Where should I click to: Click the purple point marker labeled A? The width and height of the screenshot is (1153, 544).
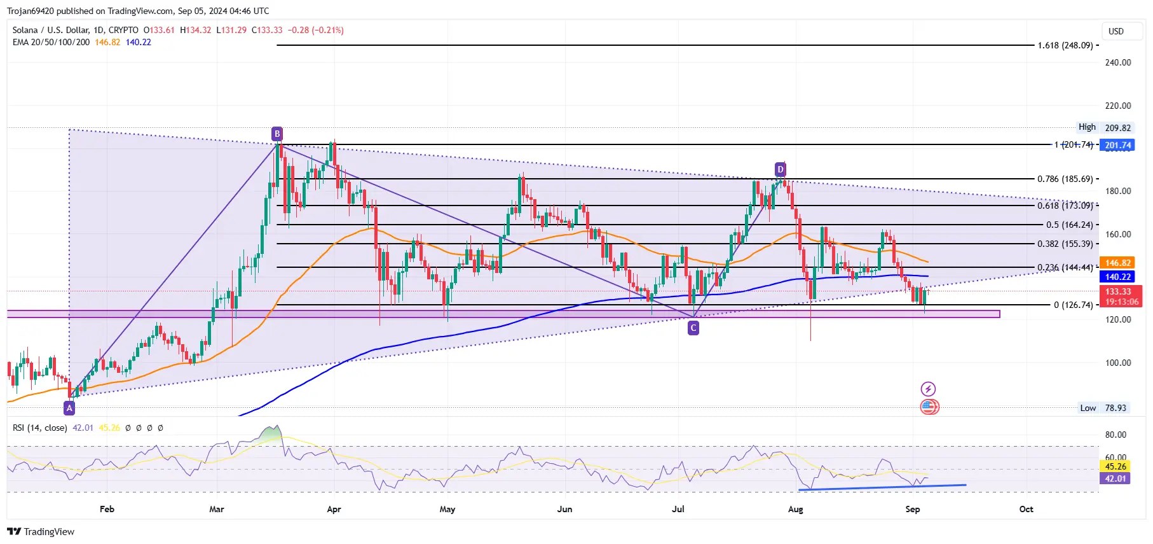tap(69, 408)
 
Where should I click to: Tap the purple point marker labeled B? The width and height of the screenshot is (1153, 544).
tap(276, 134)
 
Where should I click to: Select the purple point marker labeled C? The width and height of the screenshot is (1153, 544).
tap(693, 328)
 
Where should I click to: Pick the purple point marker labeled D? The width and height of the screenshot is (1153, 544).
tap(781, 169)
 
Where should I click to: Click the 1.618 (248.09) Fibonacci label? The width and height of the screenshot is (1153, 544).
tap(1065, 46)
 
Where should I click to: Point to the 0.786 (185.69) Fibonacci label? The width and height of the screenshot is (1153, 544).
tap(1065, 179)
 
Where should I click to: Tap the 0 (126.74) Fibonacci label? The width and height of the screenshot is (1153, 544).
tap(1073, 305)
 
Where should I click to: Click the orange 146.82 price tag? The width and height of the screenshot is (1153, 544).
tap(1118, 263)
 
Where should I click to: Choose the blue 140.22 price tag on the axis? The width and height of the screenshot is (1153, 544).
tap(1118, 277)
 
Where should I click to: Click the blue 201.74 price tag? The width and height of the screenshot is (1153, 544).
tap(1118, 145)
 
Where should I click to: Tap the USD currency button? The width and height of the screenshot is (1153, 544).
tap(1116, 31)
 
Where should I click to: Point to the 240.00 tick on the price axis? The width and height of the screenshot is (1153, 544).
tap(1118, 62)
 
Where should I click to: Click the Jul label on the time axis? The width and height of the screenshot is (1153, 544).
tap(678, 509)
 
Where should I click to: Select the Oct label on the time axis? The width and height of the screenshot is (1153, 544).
tap(1026, 509)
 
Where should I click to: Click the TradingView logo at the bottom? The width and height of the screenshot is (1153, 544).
tap(41, 532)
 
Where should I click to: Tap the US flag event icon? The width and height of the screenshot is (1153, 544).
tap(929, 407)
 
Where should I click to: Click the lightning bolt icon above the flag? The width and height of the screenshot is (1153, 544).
tap(928, 389)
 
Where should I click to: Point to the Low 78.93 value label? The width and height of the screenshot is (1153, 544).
tap(1105, 408)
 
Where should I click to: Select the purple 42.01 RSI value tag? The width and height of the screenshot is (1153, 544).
tap(1115, 478)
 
